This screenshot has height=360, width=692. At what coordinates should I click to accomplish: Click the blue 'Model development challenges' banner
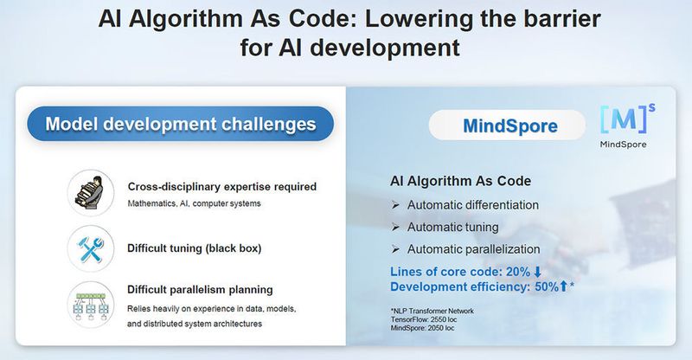[x=181, y=124]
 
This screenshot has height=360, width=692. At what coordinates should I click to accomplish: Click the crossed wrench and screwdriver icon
[x=91, y=247]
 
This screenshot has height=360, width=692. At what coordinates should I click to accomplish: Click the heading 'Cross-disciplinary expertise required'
[x=222, y=186]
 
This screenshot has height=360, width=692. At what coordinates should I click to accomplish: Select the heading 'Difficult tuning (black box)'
[x=195, y=248]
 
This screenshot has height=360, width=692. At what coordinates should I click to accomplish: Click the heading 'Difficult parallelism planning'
[x=201, y=290]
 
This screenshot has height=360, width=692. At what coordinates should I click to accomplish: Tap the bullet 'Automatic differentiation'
[x=472, y=205]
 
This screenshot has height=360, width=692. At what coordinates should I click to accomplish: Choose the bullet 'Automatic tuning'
[x=452, y=228]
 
